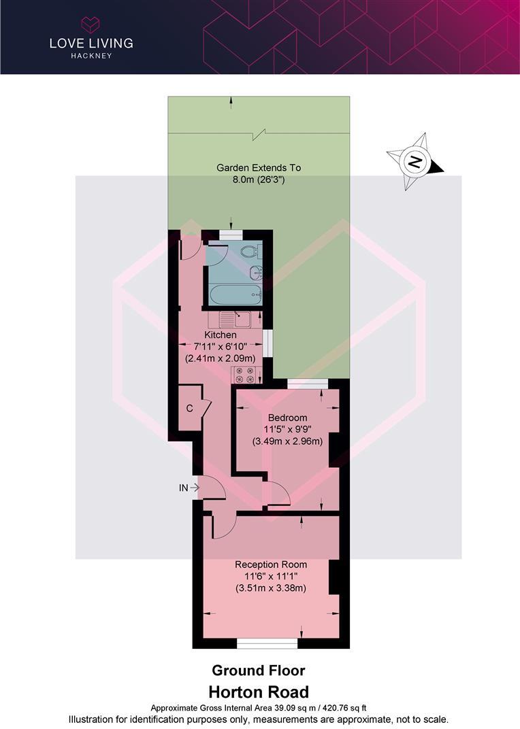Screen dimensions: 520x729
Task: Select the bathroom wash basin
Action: [x=255, y=272]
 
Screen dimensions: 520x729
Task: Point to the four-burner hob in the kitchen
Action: [x=244, y=375]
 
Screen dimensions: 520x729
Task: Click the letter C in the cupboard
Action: [x=189, y=408]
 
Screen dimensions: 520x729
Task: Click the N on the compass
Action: [x=415, y=162]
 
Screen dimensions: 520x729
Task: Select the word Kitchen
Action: [x=221, y=335]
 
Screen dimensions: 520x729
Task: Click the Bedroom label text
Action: [x=287, y=418]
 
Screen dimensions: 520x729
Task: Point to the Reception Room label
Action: [x=270, y=564]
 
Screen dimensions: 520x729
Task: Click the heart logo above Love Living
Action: [x=91, y=25]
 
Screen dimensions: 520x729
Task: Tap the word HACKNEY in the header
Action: [x=91, y=56]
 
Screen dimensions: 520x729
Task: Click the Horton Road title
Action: [x=259, y=692]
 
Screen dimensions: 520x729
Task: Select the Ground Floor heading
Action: [x=259, y=671]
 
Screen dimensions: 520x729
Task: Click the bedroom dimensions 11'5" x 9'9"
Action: [x=287, y=429]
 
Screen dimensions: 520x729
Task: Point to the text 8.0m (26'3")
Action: [x=259, y=180]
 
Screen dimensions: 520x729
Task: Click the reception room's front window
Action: [x=267, y=643]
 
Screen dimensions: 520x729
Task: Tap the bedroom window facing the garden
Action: [x=307, y=384]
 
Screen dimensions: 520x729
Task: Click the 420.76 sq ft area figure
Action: [x=342, y=708]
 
